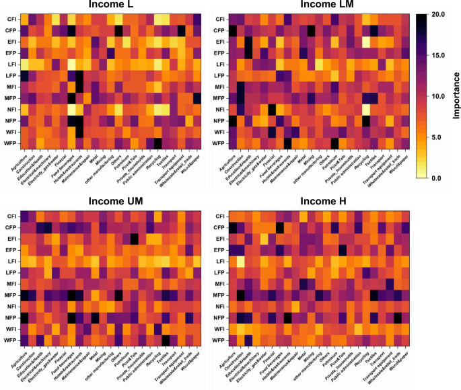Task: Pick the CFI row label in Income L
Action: [x=11, y=19]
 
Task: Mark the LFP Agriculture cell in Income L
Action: [x=24, y=75]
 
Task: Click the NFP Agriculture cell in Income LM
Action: [x=233, y=121]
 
